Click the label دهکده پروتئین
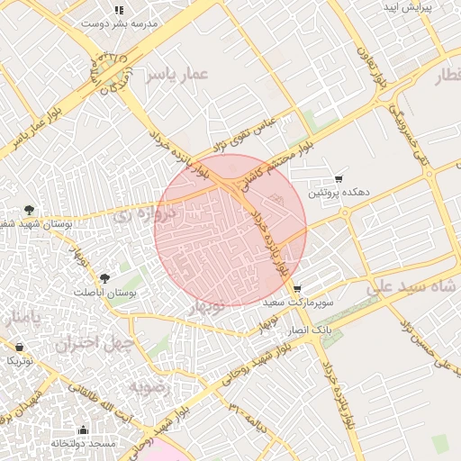point(341,193)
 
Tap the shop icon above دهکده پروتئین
point(339,179)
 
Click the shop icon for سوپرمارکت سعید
point(297,289)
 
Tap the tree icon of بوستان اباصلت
point(104,278)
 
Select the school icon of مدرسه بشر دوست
point(119,10)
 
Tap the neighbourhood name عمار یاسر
point(180,74)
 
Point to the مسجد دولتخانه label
point(83,444)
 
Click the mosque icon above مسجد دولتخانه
point(84,430)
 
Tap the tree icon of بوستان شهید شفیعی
point(31,209)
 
